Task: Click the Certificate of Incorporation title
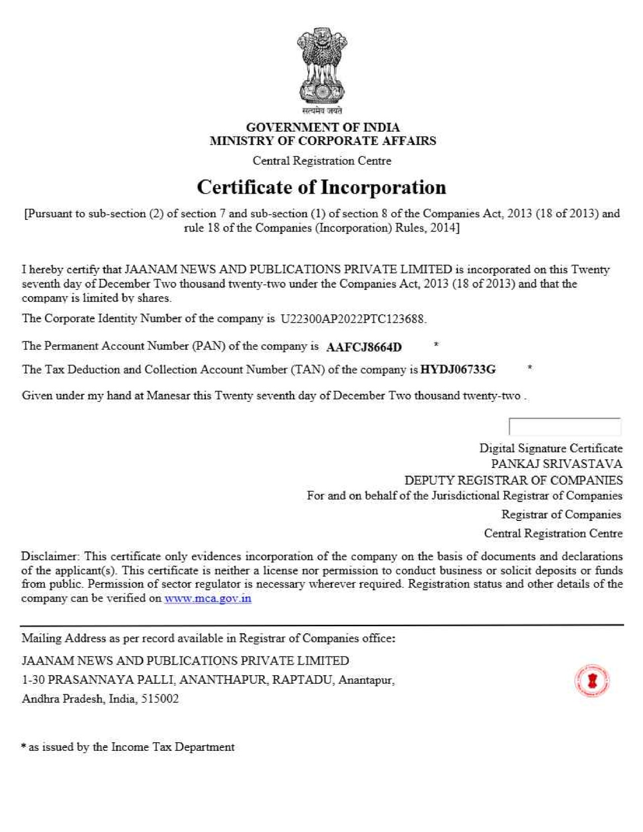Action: tap(321, 188)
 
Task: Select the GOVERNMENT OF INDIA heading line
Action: tap(323, 127)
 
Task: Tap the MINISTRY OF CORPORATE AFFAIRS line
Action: tap(323, 141)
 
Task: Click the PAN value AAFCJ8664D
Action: tap(364, 347)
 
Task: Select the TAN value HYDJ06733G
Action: tap(458, 370)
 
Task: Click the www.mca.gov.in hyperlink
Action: tap(208, 599)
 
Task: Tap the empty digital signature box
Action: tap(565, 427)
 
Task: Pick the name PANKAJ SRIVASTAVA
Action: tap(557, 464)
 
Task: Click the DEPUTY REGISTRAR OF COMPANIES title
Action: tap(513, 480)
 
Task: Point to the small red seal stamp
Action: tap(592, 681)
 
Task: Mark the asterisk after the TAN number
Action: tap(530, 368)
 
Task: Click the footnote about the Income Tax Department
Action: tap(128, 747)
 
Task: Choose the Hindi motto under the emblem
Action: tap(322, 110)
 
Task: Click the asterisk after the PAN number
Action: tap(436, 345)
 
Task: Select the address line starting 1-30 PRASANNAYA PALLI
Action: tap(208, 680)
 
